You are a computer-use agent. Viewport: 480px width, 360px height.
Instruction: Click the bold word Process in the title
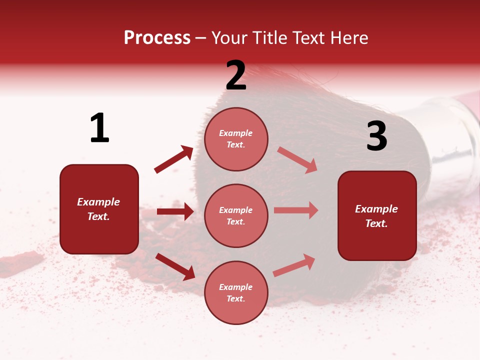[x=157, y=38]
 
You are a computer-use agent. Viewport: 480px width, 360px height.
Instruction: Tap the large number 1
[x=99, y=128]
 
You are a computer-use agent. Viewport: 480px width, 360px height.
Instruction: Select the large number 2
[x=236, y=75]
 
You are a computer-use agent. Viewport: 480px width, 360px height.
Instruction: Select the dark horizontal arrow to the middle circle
[x=175, y=211]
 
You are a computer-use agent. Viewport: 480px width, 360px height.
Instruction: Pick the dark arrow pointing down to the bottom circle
[x=175, y=266]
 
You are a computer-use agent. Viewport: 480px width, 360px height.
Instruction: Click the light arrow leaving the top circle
[x=297, y=159]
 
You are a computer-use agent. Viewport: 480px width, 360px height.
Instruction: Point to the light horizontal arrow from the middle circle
[x=296, y=210]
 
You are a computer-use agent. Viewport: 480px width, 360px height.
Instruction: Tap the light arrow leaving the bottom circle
[x=294, y=265]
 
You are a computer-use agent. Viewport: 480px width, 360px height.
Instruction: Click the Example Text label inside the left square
[x=98, y=209]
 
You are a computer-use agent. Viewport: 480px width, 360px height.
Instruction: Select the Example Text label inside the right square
[x=376, y=216]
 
